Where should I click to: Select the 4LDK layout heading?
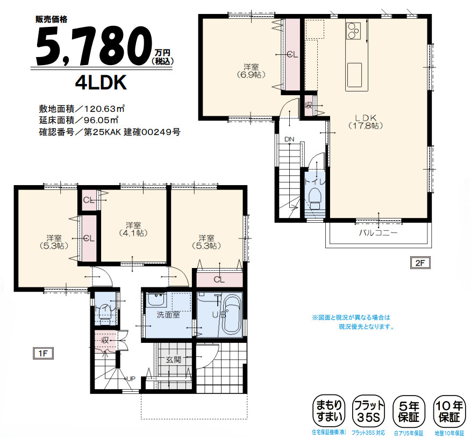pos(101,82)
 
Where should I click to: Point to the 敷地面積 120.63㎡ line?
pos(82,108)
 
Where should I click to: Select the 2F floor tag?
pos(419,263)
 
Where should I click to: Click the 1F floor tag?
pos(43,353)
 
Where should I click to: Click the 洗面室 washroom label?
pos(168,315)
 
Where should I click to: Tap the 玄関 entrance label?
pos(173,360)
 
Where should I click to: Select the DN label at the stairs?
pos(289,139)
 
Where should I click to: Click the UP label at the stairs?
pos(130,379)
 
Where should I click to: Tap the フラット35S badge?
pos(368,412)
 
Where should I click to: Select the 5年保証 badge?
pos(408,412)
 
